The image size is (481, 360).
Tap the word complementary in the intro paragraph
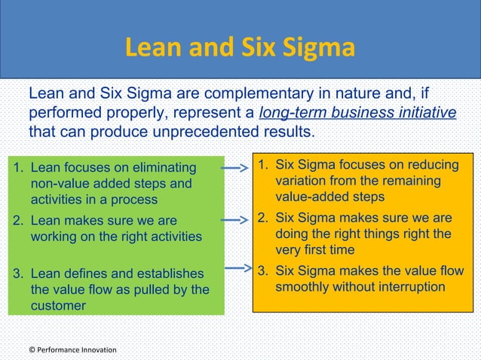click(250, 95)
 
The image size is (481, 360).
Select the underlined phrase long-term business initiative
click(357, 114)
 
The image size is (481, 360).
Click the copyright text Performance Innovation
click(72, 349)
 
